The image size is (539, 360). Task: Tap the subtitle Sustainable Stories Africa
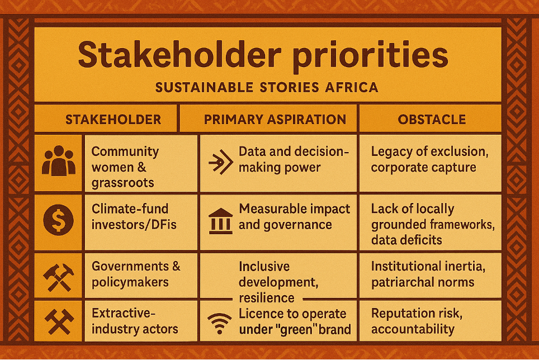tap(267, 88)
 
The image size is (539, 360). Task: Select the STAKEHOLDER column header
tap(113, 119)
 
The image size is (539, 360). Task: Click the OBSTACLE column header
tap(432, 119)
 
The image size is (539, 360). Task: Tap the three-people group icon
tap(58, 160)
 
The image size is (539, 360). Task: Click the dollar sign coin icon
tap(58, 220)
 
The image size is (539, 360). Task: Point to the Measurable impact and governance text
tap(294, 217)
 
